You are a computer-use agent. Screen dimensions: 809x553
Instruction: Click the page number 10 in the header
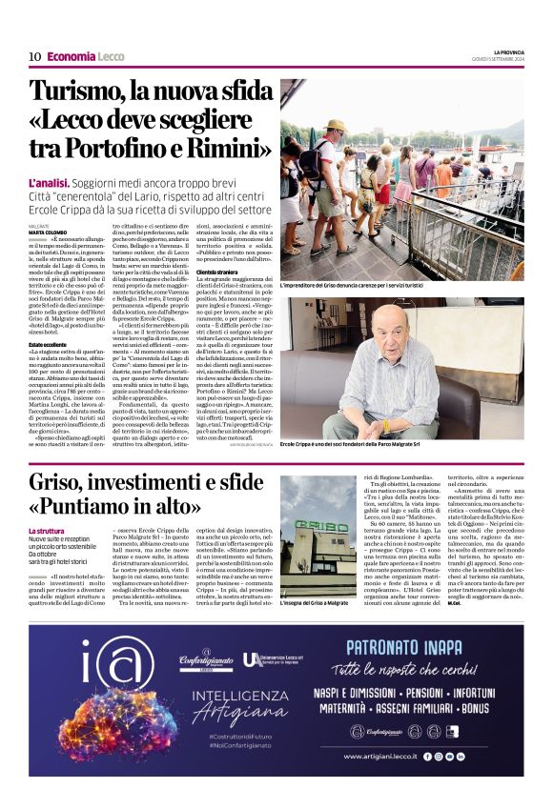(x=34, y=57)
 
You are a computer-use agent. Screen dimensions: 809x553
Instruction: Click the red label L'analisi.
(x=49, y=182)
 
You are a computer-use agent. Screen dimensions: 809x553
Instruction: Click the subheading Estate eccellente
(x=49, y=344)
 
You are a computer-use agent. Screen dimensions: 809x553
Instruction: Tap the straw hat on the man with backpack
(x=335, y=126)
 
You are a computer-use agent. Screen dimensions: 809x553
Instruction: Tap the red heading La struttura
(x=47, y=531)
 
